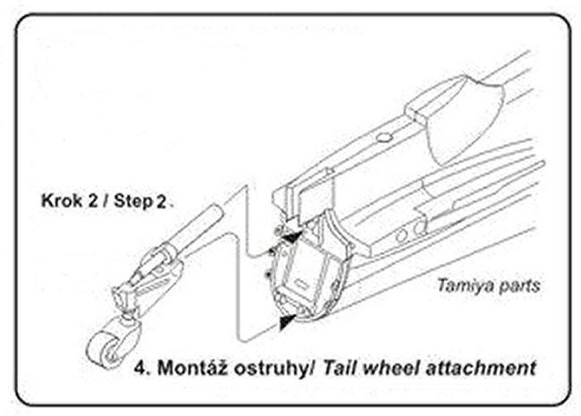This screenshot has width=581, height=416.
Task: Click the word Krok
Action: pyautogui.click(x=59, y=200)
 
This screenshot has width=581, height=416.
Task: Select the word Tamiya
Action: pyautogui.click(x=460, y=287)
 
